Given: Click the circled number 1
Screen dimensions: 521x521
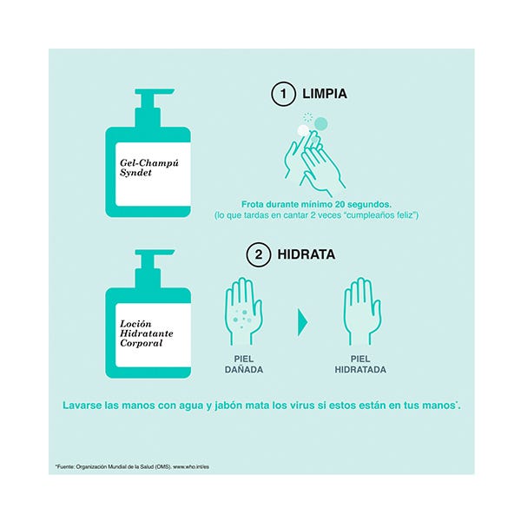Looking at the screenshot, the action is (283, 94).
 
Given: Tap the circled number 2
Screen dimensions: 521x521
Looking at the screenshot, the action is (259, 254).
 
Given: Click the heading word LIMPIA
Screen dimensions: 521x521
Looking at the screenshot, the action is (324, 94).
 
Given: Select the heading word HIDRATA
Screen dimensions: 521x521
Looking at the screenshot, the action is (306, 254).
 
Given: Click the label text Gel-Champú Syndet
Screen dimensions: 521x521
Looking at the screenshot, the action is (149, 168).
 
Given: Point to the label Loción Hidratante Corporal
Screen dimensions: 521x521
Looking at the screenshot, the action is (147, 333).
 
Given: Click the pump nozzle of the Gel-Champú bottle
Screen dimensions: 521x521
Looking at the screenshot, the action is (155, 92).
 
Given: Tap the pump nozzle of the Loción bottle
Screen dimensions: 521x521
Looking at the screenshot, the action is (155, 253).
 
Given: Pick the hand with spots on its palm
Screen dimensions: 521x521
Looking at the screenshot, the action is (244, 312).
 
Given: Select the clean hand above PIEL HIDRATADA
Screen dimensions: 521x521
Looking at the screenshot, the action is (362, 312).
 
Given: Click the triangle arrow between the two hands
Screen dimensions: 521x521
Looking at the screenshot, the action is (302, 322).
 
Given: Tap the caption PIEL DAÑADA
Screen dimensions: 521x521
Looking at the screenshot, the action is (244, 364).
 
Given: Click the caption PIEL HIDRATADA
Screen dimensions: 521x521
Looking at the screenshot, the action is (360, 364).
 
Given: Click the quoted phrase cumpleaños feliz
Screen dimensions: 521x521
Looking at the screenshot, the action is (382, 215).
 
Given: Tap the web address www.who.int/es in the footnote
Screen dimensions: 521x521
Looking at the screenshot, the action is (191, 466).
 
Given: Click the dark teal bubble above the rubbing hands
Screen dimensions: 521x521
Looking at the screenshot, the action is (321, 123).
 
